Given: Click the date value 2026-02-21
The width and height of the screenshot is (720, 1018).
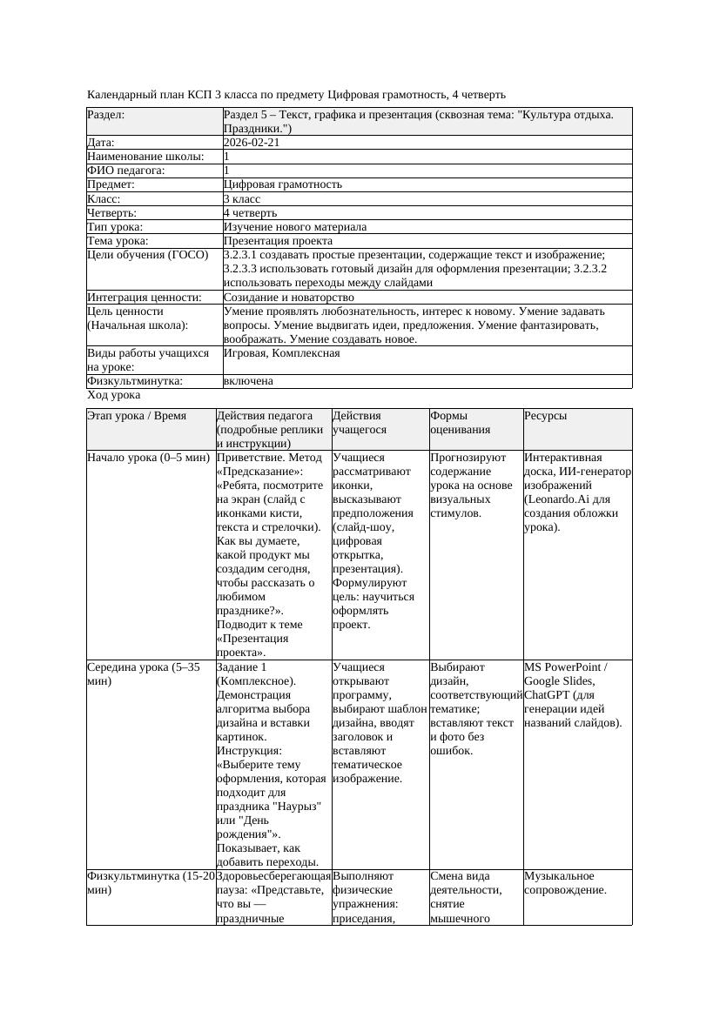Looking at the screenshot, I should [x=252, y=143].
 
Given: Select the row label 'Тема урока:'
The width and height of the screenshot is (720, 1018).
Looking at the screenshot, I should [x=118, y=241].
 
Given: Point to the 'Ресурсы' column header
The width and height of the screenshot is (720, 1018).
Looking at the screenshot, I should [x=546, y=416].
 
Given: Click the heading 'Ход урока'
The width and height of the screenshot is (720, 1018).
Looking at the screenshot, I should [x=113, y=395].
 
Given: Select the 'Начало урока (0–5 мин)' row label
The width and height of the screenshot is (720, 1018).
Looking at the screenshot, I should [x=148, y=458].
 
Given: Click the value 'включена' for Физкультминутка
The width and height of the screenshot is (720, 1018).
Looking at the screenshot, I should [x=248, y=381].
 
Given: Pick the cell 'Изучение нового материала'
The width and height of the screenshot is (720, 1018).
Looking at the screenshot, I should [x=294, y=227].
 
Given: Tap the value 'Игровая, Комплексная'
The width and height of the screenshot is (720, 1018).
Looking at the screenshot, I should [x=281, y=353].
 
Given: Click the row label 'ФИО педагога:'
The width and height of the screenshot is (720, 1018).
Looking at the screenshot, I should [x=126, y=171].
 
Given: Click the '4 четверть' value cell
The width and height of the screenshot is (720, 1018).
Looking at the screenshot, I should [x=250, y=213].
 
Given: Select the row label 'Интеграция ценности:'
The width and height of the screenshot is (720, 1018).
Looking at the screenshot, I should [x=145, y=298].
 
